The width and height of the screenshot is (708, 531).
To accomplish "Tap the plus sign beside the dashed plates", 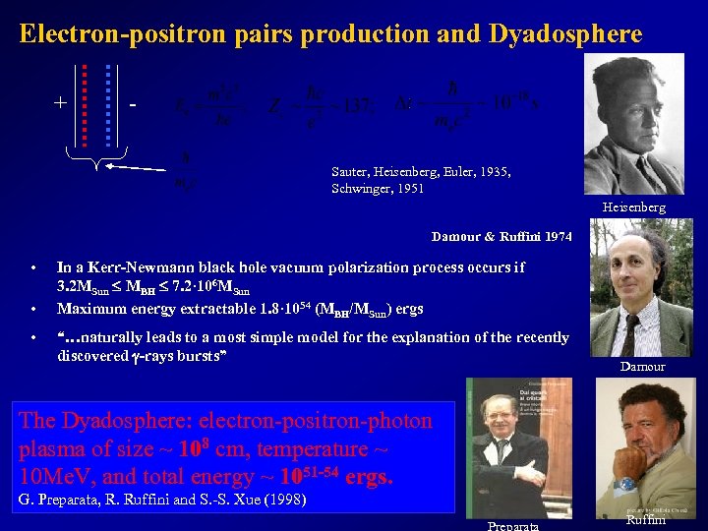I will click(61, 102).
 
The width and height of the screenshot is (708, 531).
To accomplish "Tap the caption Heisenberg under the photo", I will click(633, 207).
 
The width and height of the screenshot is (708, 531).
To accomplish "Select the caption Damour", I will click(642, 367).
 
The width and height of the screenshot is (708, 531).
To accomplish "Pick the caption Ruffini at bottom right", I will click(647, 521).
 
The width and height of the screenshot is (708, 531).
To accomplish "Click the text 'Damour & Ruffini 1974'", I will click(501, 237).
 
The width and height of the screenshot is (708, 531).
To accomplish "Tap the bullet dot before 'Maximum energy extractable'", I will click(33, 309).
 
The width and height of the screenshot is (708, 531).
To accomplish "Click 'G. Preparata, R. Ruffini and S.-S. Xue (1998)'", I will click(162, 501).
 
